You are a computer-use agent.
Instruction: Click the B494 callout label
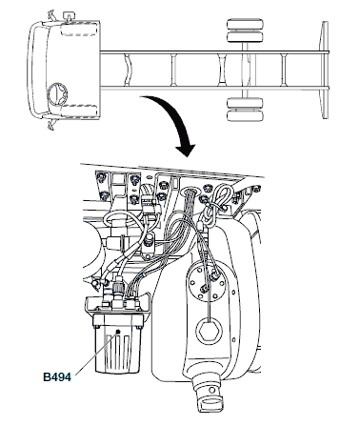57,377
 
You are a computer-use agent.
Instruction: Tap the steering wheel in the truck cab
57,93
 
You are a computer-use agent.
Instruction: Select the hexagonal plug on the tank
209,331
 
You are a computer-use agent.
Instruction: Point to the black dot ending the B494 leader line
118,332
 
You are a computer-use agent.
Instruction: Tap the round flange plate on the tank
208,279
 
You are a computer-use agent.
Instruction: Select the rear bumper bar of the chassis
325,70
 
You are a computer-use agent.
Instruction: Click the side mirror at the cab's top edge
69,15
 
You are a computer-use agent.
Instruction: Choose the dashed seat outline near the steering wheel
79,111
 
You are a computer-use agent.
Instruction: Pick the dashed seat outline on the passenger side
78,30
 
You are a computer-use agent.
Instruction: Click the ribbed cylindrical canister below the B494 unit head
117,350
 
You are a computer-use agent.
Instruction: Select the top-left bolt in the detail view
101,176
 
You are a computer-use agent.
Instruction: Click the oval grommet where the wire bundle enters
190,192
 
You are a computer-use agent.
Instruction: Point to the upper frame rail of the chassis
213,52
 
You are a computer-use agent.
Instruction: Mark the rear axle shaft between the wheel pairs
245,70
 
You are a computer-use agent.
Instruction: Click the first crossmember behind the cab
128,70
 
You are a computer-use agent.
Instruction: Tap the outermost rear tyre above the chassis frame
246,25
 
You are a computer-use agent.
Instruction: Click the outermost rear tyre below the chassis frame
245,115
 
